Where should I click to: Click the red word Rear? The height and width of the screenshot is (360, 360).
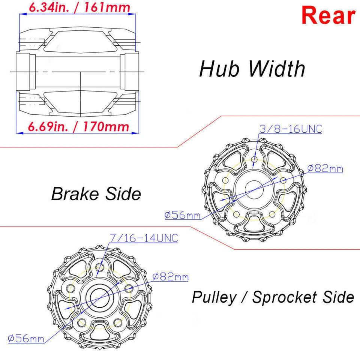click(328, 16)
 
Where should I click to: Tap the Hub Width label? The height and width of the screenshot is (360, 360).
click(252, 69)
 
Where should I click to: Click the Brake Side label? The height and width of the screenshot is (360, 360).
click(96, 194)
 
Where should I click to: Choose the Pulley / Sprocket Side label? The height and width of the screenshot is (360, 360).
click(273, 297)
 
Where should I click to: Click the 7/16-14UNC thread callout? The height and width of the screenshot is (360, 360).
click(144, 238)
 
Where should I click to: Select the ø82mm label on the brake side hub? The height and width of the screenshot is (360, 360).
click(325, 168)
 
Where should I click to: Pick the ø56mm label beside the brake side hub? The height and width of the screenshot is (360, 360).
click(182, 215)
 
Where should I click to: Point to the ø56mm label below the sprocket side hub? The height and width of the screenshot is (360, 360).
click(26, 339)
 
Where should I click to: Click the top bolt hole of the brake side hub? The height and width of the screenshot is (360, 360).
click(254, 160)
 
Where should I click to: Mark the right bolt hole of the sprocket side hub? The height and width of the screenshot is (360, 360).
click(129, 288)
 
